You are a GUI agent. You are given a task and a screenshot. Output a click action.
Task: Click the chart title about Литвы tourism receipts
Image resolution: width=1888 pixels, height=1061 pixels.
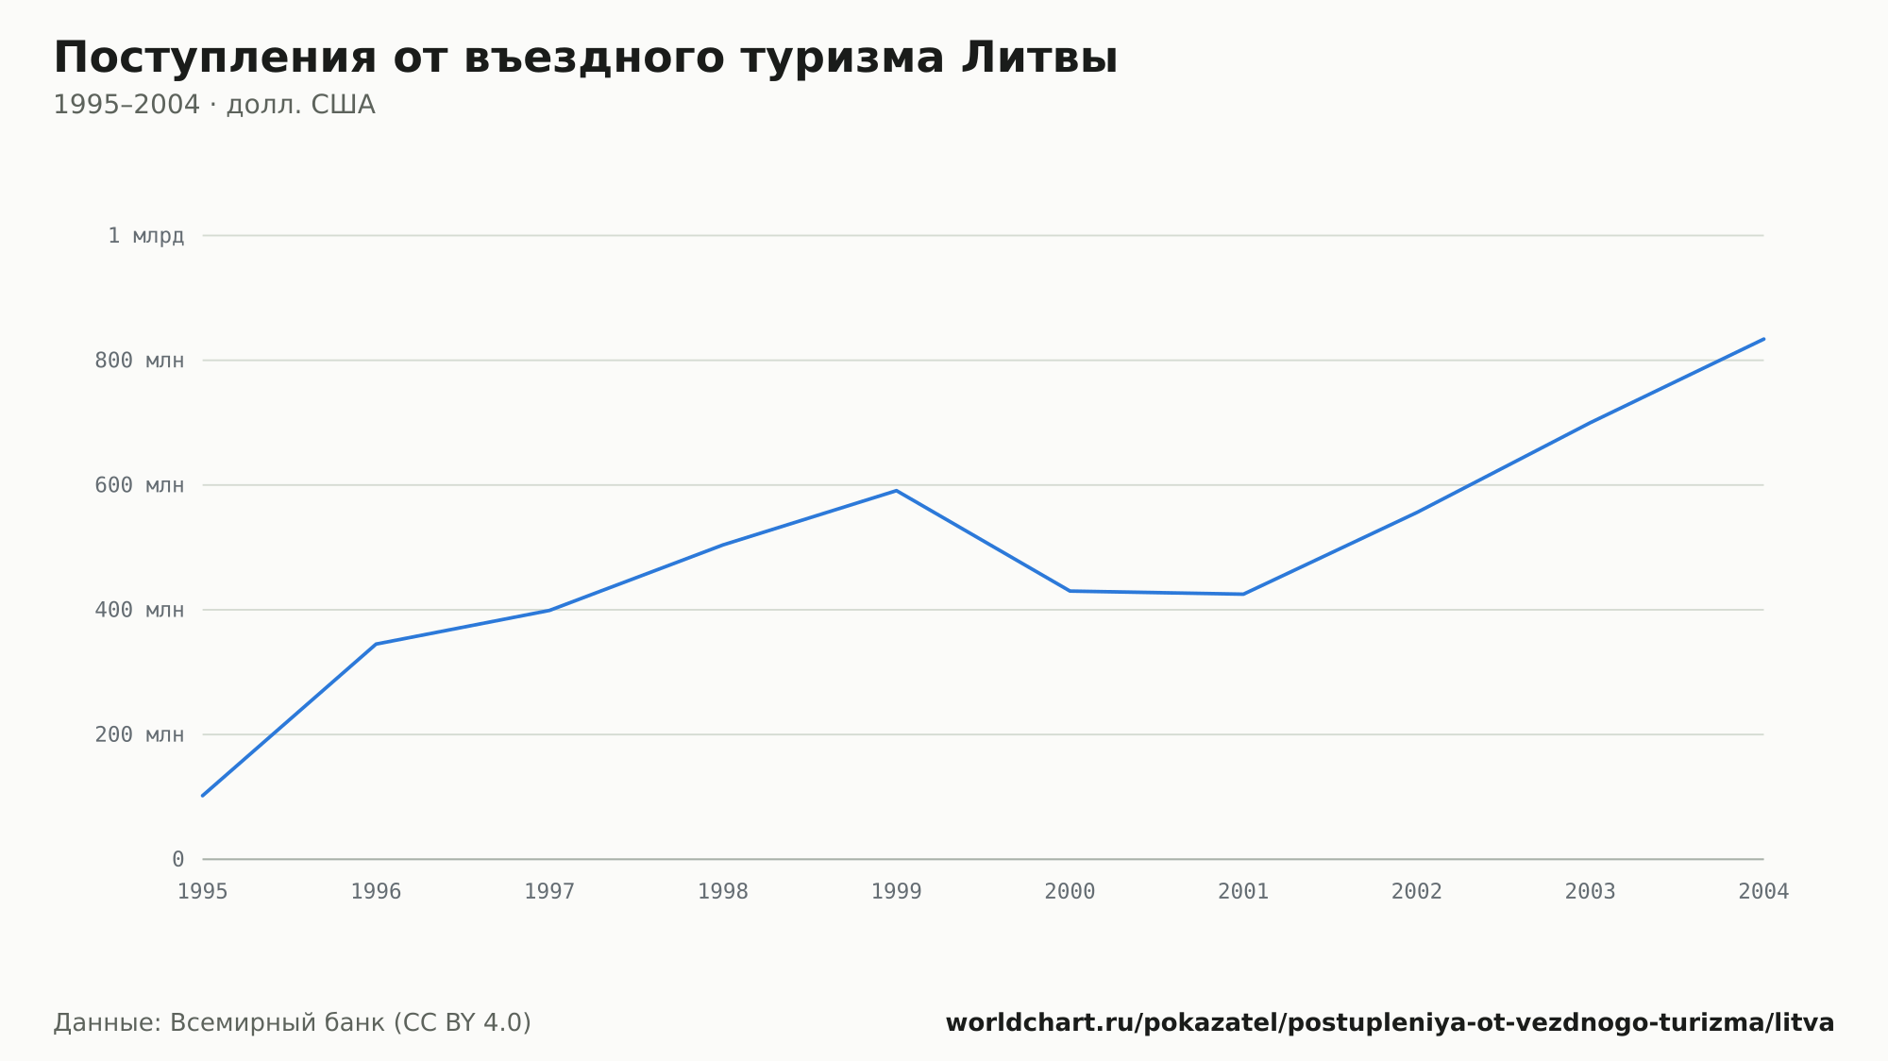(x=585, y=58)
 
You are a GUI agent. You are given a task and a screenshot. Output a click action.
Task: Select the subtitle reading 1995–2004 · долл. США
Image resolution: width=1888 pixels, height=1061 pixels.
(x=214, y=105)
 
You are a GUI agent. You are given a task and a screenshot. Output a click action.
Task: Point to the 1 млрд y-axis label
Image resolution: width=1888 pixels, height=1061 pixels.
(x=146, y=236)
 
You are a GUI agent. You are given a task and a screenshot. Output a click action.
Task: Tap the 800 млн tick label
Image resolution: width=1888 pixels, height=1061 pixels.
(x=140, y=361)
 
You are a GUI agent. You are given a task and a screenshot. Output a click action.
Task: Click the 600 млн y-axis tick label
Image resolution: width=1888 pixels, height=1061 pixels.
(x=140, y=485)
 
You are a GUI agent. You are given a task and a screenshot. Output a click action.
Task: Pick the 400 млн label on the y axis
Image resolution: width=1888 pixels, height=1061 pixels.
(x=140, y=610)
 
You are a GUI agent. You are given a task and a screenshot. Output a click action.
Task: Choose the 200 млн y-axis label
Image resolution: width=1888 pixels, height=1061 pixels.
(x=140, y=734)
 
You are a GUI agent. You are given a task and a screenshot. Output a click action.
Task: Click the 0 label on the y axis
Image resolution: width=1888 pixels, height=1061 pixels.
(x=178, y=859)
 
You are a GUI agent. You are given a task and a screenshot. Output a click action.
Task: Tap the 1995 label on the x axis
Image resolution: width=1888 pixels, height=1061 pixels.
(x=203, y=891)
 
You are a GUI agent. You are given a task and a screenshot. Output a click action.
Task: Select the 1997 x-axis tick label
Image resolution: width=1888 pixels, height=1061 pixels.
(x=549, y=891)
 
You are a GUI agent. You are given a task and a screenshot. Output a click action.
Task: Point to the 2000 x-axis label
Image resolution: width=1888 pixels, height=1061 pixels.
(x=1070, y=891)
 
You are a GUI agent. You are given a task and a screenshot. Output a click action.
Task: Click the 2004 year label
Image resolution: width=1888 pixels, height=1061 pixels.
(x=1763, y=891)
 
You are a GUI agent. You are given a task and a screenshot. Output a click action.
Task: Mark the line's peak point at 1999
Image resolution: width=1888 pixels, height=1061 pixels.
(x=897, y=491)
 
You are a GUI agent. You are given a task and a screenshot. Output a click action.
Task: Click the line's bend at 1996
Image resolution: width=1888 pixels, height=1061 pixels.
(x=376, y=644)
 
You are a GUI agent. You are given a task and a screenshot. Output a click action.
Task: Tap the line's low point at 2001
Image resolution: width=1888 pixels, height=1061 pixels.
(x=1243, y=594)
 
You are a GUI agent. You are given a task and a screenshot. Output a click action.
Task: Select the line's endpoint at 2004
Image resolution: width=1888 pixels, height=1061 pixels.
(x=1763, y=339)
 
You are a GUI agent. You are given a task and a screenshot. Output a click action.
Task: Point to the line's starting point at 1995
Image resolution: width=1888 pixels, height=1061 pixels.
(x=203, y=796)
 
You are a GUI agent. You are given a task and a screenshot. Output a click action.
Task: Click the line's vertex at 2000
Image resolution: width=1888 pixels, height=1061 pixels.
(x=1070, y=591)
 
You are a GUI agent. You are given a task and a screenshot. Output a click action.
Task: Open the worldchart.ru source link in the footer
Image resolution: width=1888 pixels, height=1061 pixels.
(x=1390, y=1022)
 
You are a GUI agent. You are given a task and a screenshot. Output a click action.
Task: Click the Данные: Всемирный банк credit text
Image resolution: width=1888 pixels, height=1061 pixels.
(x=293, y=1022)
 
